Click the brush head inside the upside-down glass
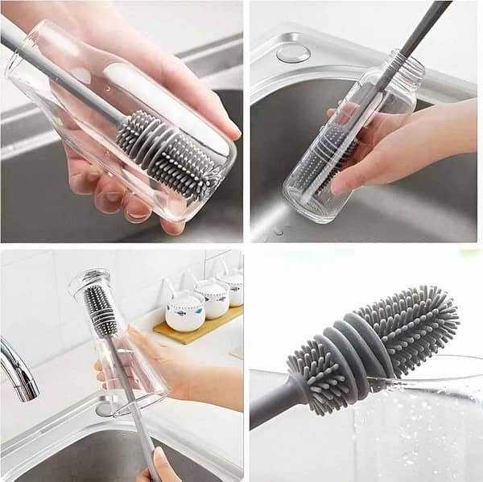tap(101, 310)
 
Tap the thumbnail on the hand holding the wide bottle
tap(229, 130)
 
